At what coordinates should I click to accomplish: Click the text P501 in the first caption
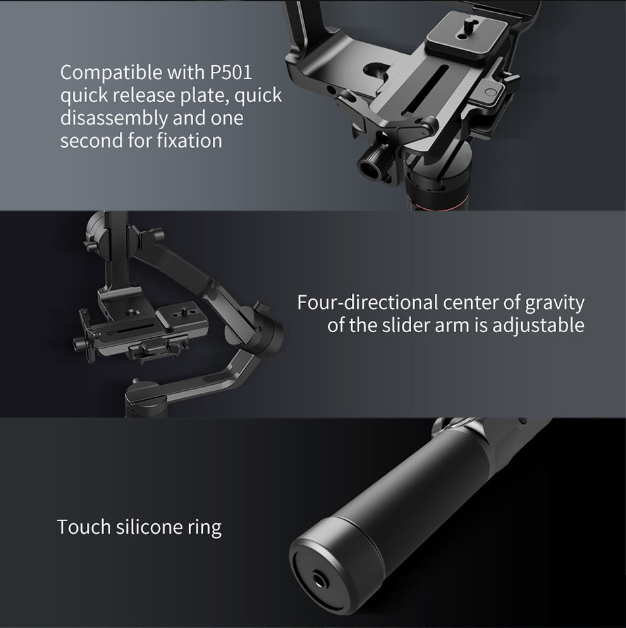click(x=231, y=72)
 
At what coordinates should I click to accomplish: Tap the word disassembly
click(x=114, y=119)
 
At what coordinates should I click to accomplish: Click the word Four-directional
click(x=367, y=302)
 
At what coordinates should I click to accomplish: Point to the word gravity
click(x=555, y=304)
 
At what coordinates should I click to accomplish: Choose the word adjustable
click(x=538, y=326)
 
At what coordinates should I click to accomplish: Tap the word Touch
click(x=84, y=527)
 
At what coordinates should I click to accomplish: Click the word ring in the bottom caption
click(x=205, y=528)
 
